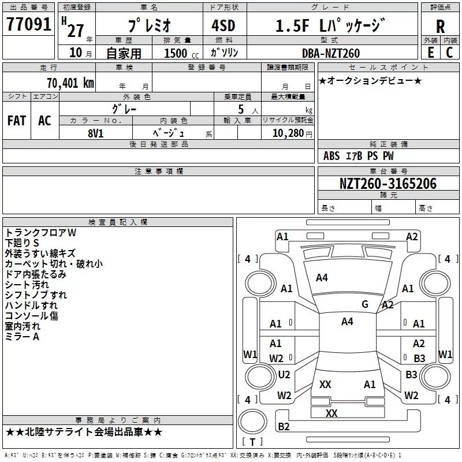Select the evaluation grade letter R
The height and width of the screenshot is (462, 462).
point(440,26)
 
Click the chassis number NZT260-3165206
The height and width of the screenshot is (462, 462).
point(388,184)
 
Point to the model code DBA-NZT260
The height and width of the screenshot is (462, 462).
point(331,53)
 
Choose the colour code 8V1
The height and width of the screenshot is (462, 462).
point(96,132)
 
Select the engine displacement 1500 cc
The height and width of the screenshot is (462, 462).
point(177,53)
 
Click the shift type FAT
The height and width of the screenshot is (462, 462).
point(17,120)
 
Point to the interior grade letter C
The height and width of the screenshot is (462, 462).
point(449,53)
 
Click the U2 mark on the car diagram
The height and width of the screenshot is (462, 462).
point(284,375)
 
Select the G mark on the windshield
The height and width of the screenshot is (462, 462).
point(365,304)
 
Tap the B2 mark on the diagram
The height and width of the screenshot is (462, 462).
point(284,427)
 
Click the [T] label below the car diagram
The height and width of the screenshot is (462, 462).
point(252,442)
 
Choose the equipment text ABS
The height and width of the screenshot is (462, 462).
point(331,156)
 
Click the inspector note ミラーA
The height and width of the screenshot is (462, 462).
point(22,337)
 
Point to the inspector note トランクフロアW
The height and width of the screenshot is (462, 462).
point(40,233)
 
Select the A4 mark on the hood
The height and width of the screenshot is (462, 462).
point(322,278)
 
